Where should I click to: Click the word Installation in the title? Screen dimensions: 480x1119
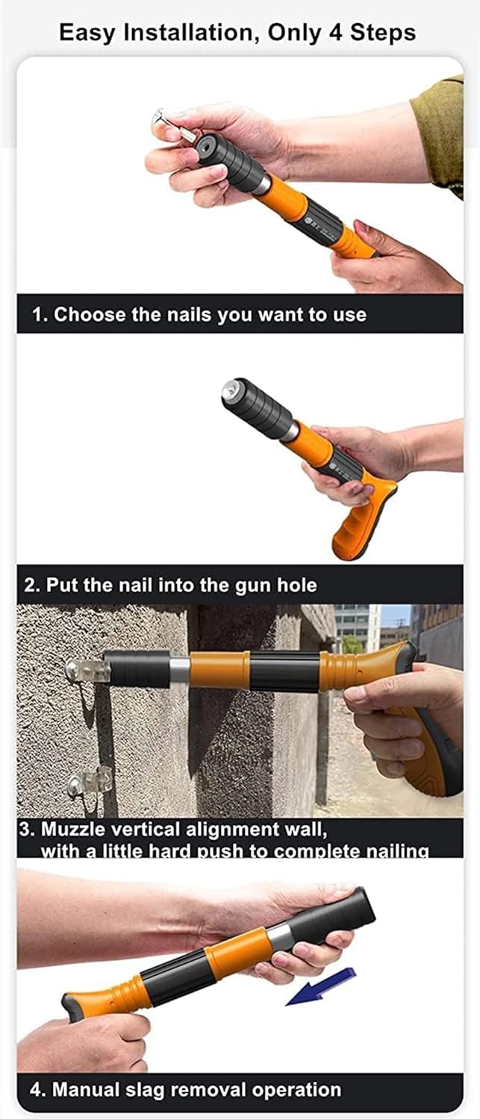coord(189,33)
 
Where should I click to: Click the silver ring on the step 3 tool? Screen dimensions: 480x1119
coord(179,671)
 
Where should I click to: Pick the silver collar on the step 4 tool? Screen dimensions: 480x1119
coord(281,935)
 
